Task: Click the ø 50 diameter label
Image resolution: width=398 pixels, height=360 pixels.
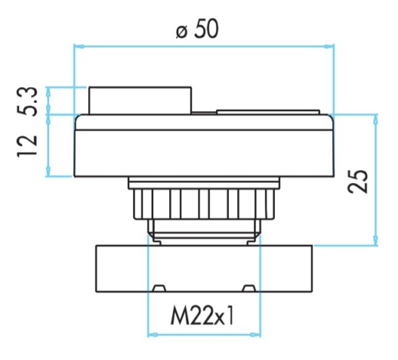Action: (197, 29)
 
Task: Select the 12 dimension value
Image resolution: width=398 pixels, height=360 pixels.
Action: (27, 146)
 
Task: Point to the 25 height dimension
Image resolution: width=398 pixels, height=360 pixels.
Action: (357, 181)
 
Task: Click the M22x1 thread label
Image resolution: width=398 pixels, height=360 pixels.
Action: (202, 316)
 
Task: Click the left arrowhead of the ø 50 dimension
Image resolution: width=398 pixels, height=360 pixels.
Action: (79, 47)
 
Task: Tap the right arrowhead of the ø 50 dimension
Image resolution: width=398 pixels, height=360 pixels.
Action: (329, 47)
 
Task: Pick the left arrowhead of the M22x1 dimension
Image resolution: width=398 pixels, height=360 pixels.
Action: (153, 335)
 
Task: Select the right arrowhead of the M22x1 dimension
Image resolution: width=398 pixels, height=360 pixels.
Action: (256, 335)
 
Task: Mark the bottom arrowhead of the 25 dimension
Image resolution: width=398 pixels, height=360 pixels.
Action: (376, 240)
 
